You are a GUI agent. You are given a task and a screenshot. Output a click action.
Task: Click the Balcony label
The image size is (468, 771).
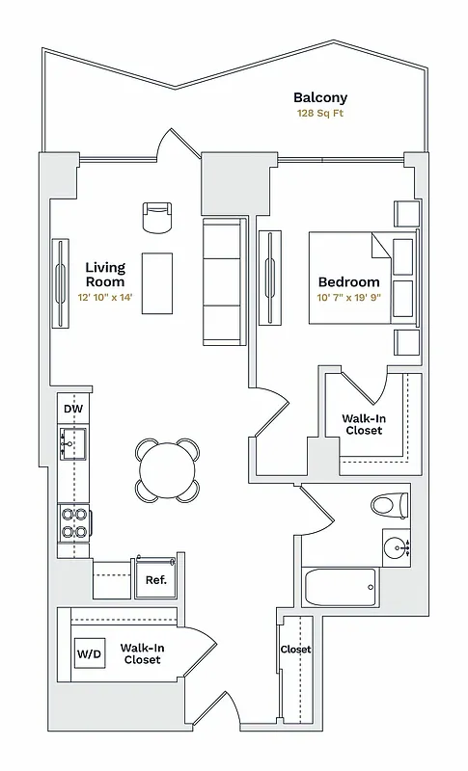[320, 97]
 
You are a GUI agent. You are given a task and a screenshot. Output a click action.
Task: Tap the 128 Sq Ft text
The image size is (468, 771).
[320, 114]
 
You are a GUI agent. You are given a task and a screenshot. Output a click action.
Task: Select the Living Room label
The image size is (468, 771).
[104, 275]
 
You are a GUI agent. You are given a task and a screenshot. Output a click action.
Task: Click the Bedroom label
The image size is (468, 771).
[348, 281]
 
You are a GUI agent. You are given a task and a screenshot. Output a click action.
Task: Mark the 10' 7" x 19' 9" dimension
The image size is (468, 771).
[348, 298]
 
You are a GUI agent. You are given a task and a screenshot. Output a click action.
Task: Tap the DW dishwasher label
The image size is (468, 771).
[72, 410]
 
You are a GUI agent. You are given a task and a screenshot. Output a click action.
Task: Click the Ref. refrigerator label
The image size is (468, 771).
[155, 580]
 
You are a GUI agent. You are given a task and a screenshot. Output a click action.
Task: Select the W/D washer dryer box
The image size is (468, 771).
[89, 654]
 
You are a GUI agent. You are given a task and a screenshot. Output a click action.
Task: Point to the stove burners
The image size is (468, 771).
[74, 523]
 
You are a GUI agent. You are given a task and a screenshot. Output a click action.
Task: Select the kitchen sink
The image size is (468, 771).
[74, 443]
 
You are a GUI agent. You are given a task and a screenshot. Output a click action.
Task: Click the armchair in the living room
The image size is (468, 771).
[156, 218]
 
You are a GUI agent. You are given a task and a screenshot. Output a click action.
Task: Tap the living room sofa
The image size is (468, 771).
[224, 282]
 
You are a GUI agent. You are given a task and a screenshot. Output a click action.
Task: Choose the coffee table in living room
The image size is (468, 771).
[157, 282]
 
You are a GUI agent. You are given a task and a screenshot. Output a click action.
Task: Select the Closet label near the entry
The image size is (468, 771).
[295, 650]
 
